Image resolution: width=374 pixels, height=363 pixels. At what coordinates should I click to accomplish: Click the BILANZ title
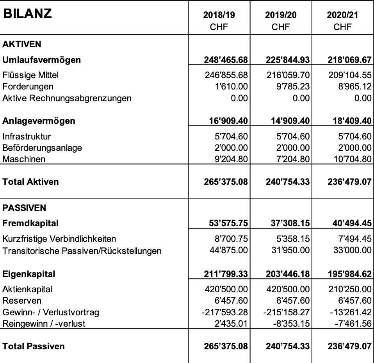click(x=27, y=14)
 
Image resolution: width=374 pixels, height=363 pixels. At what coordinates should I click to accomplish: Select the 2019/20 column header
click(x=281, y=15)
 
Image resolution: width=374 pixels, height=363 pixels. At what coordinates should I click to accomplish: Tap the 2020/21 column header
click(x=342, y=15)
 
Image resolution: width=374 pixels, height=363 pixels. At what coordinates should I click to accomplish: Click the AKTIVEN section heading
click(x=22, y=44)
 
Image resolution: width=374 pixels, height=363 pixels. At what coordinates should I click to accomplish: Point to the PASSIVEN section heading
click(x=24, y=208)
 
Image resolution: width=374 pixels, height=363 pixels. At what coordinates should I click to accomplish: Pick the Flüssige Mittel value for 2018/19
click(x=226, y=75)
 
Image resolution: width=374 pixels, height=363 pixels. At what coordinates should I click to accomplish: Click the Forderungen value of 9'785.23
click(x=293, y=86)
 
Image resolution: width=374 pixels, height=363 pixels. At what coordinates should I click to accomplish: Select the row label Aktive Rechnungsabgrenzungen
click(x=67, y=98)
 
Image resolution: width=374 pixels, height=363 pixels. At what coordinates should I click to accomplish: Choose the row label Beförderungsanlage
click(x=42, y=148)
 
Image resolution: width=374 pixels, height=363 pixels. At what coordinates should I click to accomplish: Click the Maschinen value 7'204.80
click(x=293, y=159)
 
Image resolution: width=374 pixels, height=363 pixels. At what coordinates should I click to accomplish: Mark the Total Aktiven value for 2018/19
click(x=226, y=182)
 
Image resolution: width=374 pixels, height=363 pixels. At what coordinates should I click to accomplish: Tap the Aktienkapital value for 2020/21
click(x=350, y=289)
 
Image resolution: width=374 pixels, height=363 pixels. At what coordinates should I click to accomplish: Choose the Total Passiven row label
click(x=34, y=346)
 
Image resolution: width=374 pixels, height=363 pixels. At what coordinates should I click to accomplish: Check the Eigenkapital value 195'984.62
click(x=349, y=274)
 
